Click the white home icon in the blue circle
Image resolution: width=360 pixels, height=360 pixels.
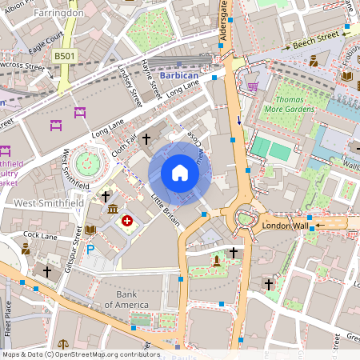[x=179, y=173]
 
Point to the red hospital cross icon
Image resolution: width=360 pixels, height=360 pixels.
[x=126, y=220]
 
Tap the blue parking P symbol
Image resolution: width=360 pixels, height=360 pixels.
[x=90, y=250]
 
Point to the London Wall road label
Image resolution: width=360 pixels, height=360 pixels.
[x=285, y=226]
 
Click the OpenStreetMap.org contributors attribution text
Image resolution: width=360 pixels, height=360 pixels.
[x=112, y=354]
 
